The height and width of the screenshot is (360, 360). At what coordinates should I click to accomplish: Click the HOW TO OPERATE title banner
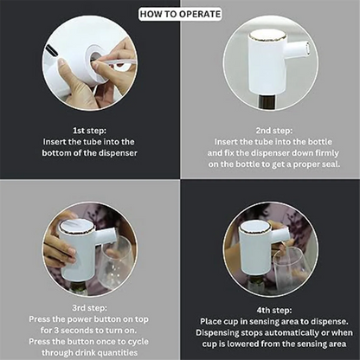(x=180, y=14)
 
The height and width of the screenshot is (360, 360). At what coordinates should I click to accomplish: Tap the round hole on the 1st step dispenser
(x=92, y=58)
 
